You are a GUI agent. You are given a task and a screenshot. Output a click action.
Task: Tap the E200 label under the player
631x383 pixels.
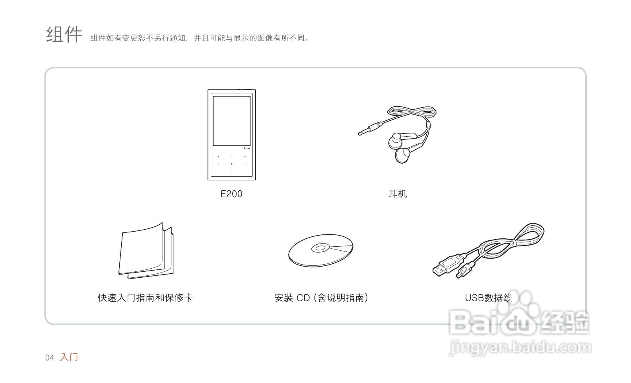click(x=231, y=194)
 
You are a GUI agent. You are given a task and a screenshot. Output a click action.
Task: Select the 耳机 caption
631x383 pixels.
click(x=397, y=194)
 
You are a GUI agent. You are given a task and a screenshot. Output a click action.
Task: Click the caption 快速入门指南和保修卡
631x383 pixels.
click(x=145, y=298)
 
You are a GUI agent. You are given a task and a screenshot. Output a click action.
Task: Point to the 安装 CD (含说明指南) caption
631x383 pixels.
click(x=321, y=298)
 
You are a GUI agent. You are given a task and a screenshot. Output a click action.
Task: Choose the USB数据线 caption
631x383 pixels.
click(x=488, y=298)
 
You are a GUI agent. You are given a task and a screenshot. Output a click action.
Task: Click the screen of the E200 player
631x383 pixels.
click(x=232, y=120)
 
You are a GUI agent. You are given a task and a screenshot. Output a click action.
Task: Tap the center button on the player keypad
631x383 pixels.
click(x=232, y=164)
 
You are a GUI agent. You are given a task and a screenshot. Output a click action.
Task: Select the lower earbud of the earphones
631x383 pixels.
click(x=402, y=155)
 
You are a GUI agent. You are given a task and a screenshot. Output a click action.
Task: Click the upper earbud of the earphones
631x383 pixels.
click(x=395, y=139)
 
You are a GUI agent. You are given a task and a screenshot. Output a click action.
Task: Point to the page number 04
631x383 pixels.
click(x=49, y=358)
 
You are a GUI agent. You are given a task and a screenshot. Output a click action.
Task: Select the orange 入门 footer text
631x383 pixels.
click(x=69, y=357)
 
